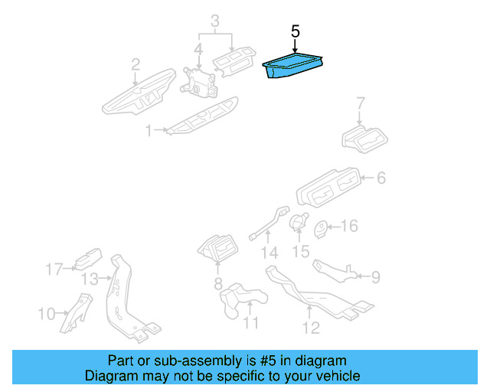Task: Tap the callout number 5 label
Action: pyautogui.click(x=296, y=32)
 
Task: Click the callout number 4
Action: pyautogui.click(x=198, y=51)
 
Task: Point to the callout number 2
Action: pyautogui.click(x=135, y=64)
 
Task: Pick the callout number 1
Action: pyautogui.click(x=149, y=132)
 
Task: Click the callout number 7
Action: pyautogui.click(x=361, y=103)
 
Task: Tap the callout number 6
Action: pyautogui.click(x=381, y=179)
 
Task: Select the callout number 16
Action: pyautogui.click(x=348, y=226)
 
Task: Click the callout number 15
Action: pyautogui.click(x=301, y=251)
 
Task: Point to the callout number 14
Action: pyautogui.click(x=267, y=253)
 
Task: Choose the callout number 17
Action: pyautogui.click(x=53, y=269)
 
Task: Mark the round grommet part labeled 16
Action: pyautogui.click(x=322, y=227)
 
